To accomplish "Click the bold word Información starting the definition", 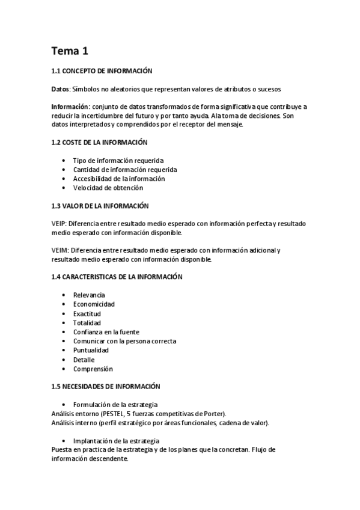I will [70, 106].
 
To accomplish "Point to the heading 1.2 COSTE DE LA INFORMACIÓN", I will [100, 143].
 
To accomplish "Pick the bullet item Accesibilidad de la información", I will [119, 179].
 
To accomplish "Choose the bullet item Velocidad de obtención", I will [108, 188].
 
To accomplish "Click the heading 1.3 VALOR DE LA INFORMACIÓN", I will [100, 206].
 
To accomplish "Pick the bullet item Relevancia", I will [89, 295].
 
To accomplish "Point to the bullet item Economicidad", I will [94, 304].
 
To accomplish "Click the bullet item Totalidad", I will [87, 323].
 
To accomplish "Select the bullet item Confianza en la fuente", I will [106, 332].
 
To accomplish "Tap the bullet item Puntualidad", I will [91, 350].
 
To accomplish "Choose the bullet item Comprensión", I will [93, 369].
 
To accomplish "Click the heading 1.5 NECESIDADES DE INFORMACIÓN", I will [106, 386].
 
